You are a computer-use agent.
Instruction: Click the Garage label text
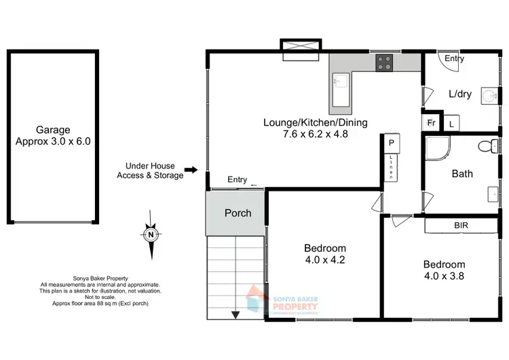pyautogui.click(x=53, y=130)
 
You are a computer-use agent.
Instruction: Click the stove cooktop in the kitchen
pyautogui.click(x=384, y=62)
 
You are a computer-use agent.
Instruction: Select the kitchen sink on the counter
pyautogui.click(x=341, y=84)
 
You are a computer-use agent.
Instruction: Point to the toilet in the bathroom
pyautogui.click(x=487, y=145)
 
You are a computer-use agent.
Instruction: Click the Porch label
pyautogui.click(x=238, y=213)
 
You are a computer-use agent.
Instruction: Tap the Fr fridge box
pyautogui.click(x=431, y=123)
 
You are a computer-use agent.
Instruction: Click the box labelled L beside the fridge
pyautogui.click(x=451, y=123)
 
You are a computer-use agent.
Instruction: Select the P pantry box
pyautogui.click(x=392, y=143)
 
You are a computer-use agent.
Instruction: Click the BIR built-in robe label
pyautogui.click(x=461, y=225)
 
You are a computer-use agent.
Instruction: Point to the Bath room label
pyautogui.click(x=462, y=173)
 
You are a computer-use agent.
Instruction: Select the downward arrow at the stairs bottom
pyautogui.click(x=235, y=314)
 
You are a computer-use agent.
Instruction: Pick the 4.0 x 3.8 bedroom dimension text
pyautogui.click(x=444, y=276)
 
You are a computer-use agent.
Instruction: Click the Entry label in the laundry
pyautogui.click(x=455, y=58)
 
